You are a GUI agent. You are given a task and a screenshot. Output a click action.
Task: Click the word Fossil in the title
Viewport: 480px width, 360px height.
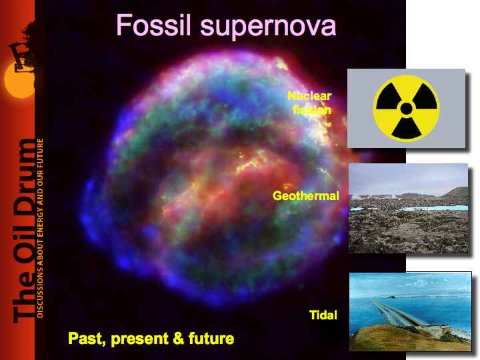click(x=153, y=25)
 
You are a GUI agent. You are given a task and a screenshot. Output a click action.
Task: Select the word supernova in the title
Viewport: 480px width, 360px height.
click(x=268, y=27)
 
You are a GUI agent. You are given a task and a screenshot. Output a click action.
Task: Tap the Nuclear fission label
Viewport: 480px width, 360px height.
click(x=310, y=103)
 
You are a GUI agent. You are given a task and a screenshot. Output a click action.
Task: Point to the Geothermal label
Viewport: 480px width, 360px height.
click(x=306, y=195)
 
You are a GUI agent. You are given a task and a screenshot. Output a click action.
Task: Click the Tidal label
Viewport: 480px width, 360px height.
click(x=323, y=315)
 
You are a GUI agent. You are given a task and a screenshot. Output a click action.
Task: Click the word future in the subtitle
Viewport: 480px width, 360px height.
click(x=211, y=338)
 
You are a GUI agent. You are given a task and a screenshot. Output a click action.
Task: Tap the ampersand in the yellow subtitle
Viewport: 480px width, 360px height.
click(x=178, y=338)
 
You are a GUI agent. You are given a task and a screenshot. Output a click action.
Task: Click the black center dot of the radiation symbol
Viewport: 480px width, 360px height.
click(x=406, y=109)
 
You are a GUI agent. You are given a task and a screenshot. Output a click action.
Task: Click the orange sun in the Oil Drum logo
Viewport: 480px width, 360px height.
click(x=19, y=79)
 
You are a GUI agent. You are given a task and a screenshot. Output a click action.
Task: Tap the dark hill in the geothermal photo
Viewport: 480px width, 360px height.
click(x=456, y=192)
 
